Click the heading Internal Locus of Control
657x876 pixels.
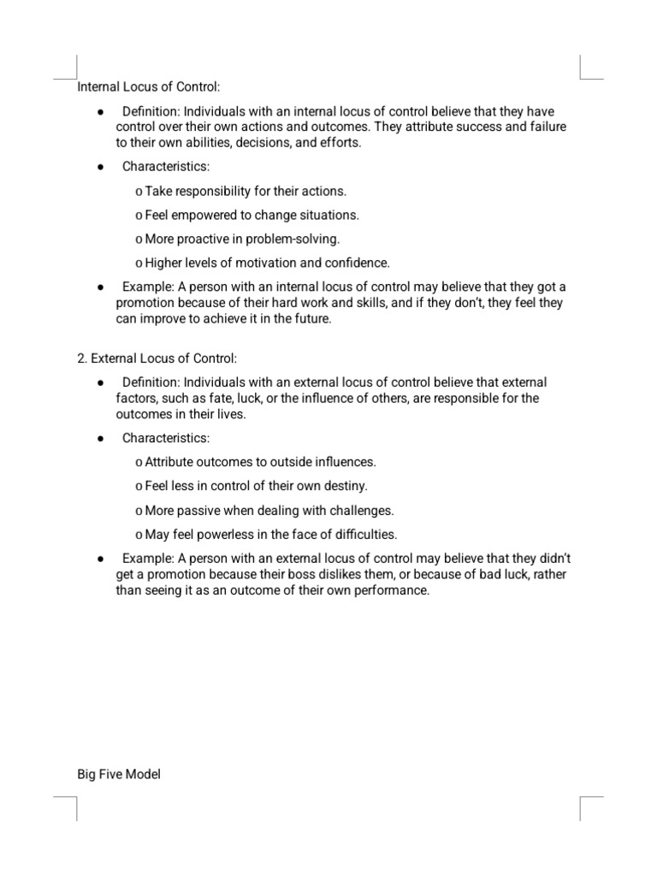149,86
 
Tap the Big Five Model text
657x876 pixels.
119,775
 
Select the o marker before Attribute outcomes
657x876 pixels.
139,463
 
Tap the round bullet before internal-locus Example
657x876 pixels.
101,287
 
